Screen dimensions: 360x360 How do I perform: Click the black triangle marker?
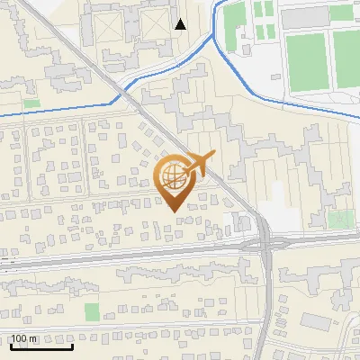(181, 24)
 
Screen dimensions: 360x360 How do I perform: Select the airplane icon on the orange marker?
(200, 165)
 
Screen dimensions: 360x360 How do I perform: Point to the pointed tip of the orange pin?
(172, 210)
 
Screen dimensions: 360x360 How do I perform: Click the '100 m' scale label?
(24, 338)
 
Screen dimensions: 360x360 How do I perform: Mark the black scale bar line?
(41, 346)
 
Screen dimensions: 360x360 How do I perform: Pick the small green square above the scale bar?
(91, 311)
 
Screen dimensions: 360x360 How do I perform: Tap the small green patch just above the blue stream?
(31, 103)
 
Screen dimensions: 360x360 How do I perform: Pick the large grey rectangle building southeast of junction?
(314, 320)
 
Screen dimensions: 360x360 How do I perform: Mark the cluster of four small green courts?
(264, 20)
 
